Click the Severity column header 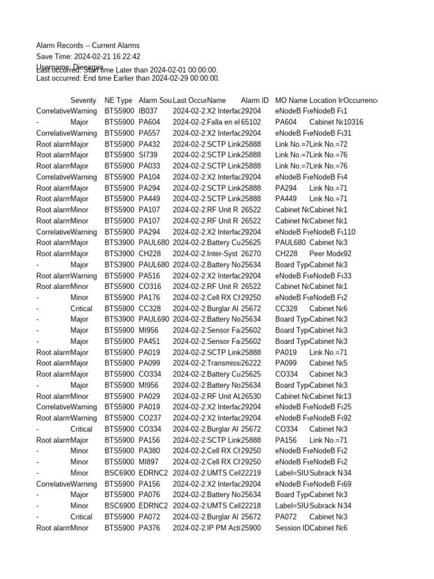(x=83, y=100)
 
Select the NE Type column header (x=118, y=100)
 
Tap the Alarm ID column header (x=254, y=100)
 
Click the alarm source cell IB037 (x=148, y=111)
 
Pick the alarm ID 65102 (x=251, y=122)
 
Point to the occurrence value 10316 (x=353, y=122)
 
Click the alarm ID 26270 (x=251, y=254)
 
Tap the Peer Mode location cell (x=326, y=254)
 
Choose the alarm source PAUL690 (x=154, y=319)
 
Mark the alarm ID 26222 (x=251, y=364)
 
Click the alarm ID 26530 (x=251, y=396)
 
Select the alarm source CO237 (x=150, y=418)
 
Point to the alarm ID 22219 (x=251, y=473)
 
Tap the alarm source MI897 (x=149, y=462)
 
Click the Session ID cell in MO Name (x=292, y=528)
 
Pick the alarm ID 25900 (x=251, y=528)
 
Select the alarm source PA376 (x=149, y=528)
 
